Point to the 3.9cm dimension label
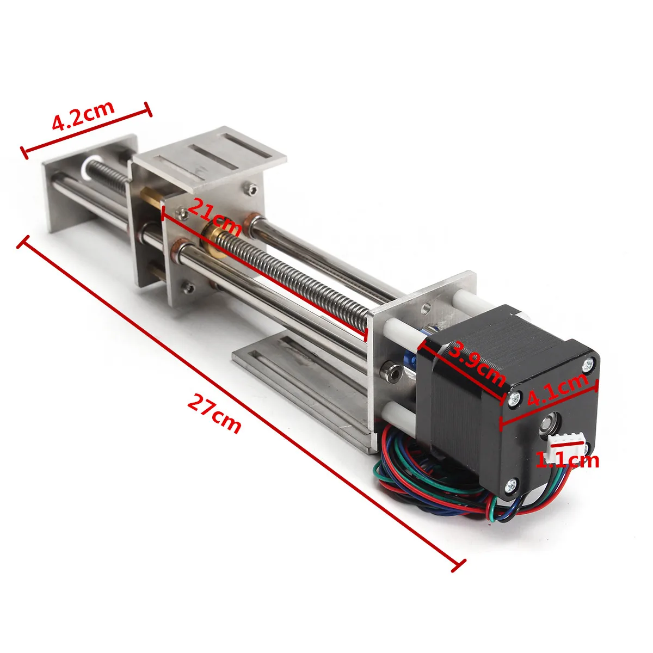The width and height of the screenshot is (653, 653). [x=476, y=363]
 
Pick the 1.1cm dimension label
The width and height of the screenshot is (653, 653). [x=568, y=460]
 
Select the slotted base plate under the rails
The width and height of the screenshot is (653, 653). [x=305, y=381]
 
